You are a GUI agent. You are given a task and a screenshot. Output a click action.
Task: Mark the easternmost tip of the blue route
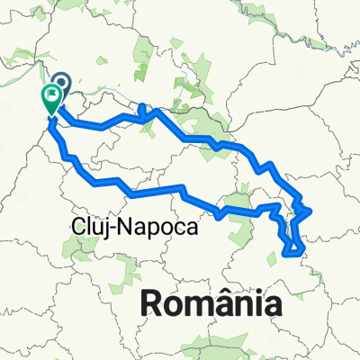coord(311,211)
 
